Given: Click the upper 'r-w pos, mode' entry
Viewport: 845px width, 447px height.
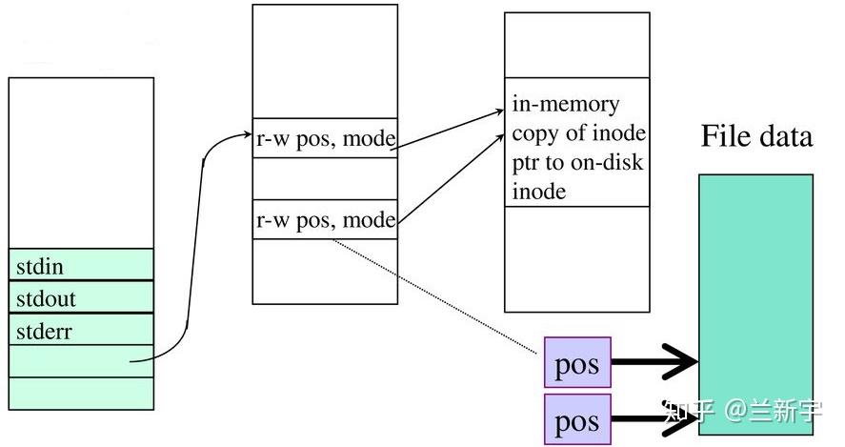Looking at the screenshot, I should tap(325, 137).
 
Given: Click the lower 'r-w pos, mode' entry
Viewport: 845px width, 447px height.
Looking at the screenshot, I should tap(325, 220).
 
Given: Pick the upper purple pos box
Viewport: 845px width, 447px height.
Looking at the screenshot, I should tap(576, 362).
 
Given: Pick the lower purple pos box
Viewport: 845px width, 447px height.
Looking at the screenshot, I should tap(576, 419).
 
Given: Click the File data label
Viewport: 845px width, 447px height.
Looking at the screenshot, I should tap(756, 136).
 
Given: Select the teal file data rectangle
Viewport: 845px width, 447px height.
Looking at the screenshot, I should tap(755, 267).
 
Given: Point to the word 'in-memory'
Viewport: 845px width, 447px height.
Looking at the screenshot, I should tap(565, 104).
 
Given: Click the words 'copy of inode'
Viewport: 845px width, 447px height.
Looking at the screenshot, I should tap(578, 132).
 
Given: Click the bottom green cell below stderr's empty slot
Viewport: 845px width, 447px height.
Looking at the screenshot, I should tap(80, 393).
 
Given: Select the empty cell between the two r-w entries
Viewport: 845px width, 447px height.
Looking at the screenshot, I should tap(325, 179).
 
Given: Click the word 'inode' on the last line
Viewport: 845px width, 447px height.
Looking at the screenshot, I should tap(539, 191).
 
